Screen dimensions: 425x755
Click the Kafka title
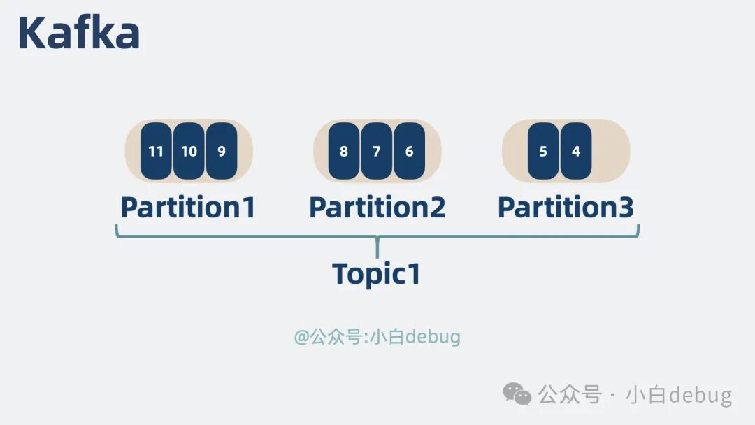pos(78,33)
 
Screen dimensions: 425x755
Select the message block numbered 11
pos(156,151)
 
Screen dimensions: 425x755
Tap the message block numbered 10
pos(189,151)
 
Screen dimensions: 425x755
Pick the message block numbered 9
pos(222,151)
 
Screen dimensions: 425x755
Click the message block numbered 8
pos(344,151)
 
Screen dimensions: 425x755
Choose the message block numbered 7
pos(377,151)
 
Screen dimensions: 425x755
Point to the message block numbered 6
pos(410,151)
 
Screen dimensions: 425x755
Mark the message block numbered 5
pos(543,151)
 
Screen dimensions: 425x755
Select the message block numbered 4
pos(576,151)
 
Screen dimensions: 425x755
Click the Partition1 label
pos(188,208)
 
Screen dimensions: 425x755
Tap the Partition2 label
pos(377,208)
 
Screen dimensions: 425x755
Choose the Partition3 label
pos(566,208)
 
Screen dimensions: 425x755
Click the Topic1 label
pos(376,274)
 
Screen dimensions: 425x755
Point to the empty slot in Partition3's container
pos(610,151)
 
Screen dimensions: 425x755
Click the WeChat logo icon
pos(518,394)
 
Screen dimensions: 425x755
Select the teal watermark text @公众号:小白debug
pos(377,337)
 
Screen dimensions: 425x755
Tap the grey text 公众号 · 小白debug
pos(635,395)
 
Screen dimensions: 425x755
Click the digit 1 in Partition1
pos(247,208)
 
